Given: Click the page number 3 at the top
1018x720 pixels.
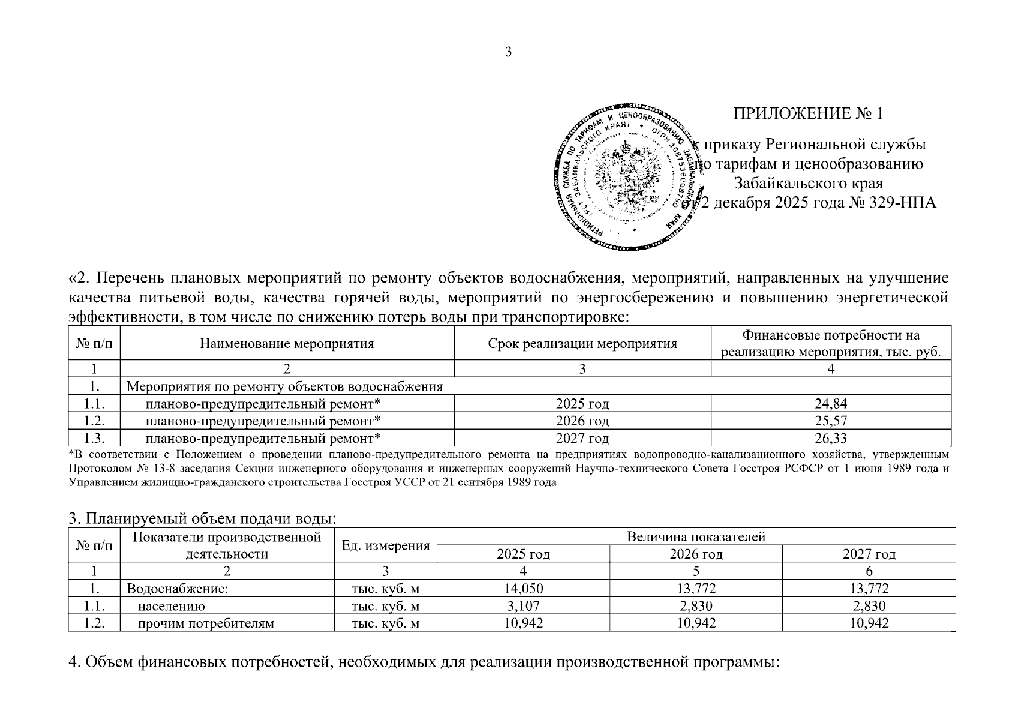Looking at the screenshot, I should tap(508, 52).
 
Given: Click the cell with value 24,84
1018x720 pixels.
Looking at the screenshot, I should tap(831, 403).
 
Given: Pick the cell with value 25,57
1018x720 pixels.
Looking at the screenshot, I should tap(831, 421).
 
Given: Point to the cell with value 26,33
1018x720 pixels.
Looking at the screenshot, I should tap(831, 438).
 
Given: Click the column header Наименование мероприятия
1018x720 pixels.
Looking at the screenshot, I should tap(287, 344).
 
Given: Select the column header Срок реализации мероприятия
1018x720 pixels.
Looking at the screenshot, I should tap(582, 344).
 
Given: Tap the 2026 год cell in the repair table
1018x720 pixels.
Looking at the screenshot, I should tap(582, 421).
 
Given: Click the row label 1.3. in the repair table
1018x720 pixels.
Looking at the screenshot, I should tap(95, 438).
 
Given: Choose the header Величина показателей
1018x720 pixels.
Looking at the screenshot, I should tap(696, 537).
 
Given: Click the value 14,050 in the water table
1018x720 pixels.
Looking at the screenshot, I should tap(523, 589).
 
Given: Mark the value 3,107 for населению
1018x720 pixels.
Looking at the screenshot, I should tap(523, 606).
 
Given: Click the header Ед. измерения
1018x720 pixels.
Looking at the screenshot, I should tap(385, 545).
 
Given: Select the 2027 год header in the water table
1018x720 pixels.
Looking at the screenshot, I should tap(869, 554).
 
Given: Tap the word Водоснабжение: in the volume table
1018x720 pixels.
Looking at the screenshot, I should tap(177, 589).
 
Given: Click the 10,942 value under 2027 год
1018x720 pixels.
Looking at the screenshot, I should tap(869, 623).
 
